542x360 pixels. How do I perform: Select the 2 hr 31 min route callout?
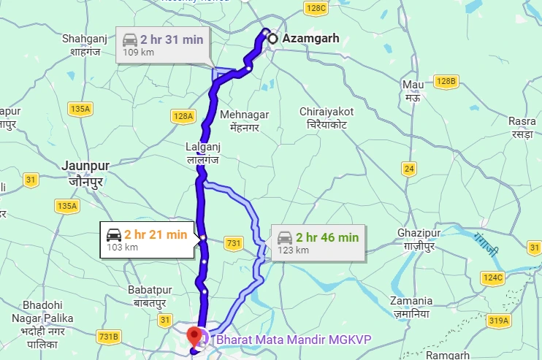tap(163, 45)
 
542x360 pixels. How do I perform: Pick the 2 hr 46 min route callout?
tap(318, 242)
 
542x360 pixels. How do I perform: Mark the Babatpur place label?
tap(149, 296)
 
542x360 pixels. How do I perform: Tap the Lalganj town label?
tap(202, 152)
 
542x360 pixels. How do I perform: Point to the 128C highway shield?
tap(316, 8)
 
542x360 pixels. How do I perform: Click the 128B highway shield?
tap(445, 80)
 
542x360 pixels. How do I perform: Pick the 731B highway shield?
tap(107, 337)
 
